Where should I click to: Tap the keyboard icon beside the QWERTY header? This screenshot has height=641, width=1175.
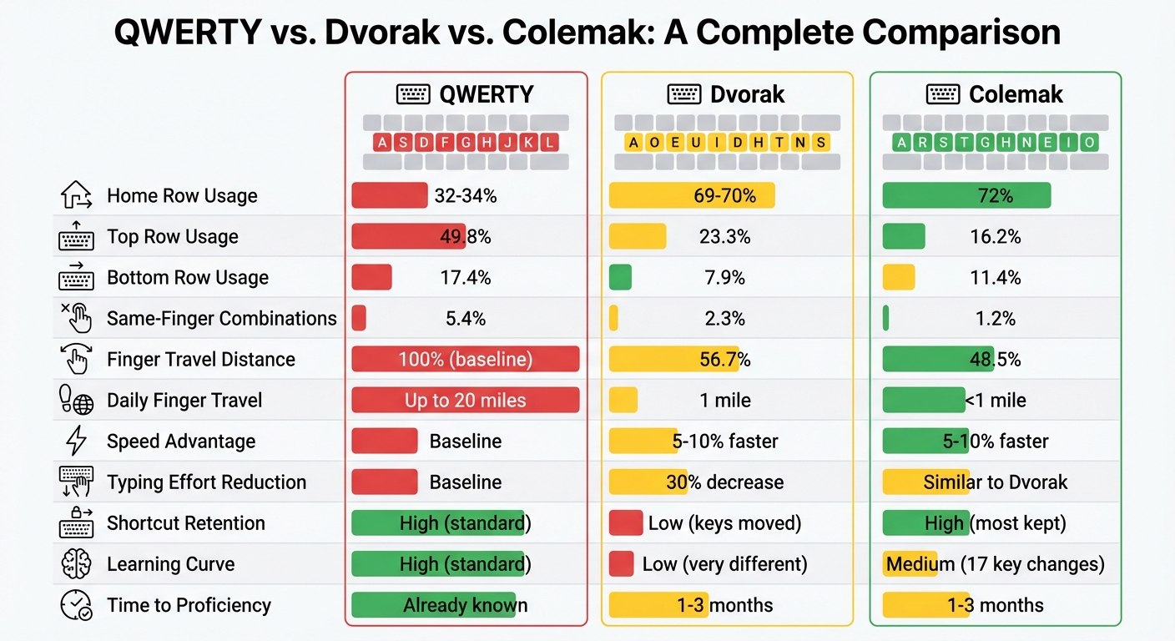tap(412, 93)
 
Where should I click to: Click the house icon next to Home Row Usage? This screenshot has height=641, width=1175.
tap(76, 196)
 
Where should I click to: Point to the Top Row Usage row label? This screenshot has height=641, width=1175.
tap(172, 237)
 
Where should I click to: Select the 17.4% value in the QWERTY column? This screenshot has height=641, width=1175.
tap(465, 278)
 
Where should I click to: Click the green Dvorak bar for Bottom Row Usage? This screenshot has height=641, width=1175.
tap(620, 278)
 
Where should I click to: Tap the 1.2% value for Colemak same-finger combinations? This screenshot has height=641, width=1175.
tap(995, 319)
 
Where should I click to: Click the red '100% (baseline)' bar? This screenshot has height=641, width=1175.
tap(465, 360)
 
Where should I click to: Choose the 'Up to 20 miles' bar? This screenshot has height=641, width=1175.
tap(465, 401)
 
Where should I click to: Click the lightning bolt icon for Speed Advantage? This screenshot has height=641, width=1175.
tap(76, 442)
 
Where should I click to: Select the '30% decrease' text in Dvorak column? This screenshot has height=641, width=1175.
tap(724, 482)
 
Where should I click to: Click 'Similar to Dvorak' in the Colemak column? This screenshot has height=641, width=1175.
tap(995, 482)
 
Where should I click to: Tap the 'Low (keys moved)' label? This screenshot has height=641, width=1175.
tap(724, 523)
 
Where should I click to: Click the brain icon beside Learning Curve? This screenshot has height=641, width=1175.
tap(76, 564)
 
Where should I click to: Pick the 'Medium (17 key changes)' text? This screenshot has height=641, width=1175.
tap(995, 564)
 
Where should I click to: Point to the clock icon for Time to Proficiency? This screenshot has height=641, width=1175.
tap(76, 605)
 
